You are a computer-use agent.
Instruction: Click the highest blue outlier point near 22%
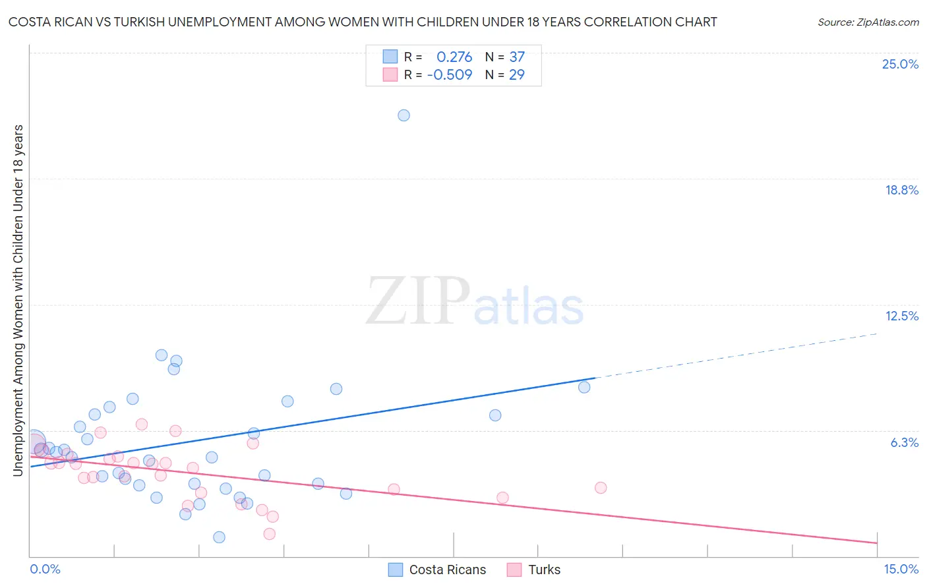[x=404, y=115]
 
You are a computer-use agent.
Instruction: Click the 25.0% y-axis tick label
[x=900, y=64]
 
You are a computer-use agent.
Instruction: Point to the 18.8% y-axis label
[x=901, y=190]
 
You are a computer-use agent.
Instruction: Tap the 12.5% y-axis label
[x=901, y=316]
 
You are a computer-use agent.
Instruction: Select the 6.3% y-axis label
[x=904, y=442]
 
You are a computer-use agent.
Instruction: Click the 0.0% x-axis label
[x=45, y=569]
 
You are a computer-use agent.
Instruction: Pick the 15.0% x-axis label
[x=901, y=569]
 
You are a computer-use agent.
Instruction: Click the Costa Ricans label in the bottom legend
[x=447, y=570]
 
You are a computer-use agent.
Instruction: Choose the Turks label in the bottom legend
[x=544, y=570]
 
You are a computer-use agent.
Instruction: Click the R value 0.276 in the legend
[x=454, y=57]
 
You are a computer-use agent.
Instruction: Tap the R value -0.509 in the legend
[x=450, y=74]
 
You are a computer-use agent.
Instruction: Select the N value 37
[x=517, y=57]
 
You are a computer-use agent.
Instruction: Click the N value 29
[x=517, y=74]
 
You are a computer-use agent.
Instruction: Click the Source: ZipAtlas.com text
[x=868, y=22]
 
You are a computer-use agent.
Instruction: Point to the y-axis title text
[x=18, y=300]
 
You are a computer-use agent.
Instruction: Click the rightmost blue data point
[x=584, y=387]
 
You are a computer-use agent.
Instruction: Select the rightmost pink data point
[x=601, y=488]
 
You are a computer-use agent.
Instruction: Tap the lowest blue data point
[x=220, y=537]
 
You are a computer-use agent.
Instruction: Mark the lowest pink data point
[x=269, y=534]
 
